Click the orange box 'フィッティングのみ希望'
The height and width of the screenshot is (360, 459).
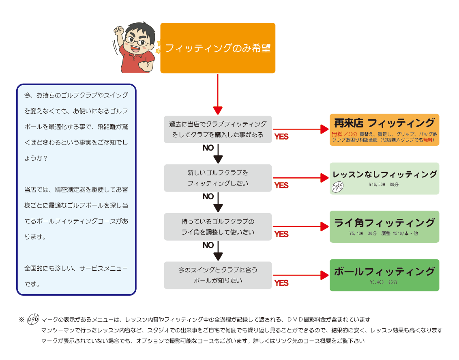pyautogui.click(x=218, y=48)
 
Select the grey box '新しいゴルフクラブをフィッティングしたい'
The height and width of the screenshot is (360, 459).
pyautogui.click(x=218, y=178)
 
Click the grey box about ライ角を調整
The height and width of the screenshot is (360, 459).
pyautogui.click(x=218, y=227)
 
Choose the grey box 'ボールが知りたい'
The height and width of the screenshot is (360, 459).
pyautogui.click(x=218, y=275)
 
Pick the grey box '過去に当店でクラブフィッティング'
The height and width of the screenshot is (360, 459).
pyautogui.click(x=218, y=129)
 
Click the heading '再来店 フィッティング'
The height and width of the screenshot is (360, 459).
pyautogui.click(x=384, y=123)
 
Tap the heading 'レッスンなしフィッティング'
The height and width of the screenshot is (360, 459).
pyautogui.click(x=384, y=175)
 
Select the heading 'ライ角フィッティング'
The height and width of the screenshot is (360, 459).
pyautogui.click(x=384, y=223)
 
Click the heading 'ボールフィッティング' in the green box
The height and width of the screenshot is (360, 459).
pyautogui.click(x=384, y=272)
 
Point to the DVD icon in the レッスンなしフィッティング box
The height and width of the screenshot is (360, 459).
pyautogui.click(x=337, y=187)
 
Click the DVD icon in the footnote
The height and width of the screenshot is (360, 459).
pyautogui.click(x=33, y=319)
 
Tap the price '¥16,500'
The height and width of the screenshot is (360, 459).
pyautogui.click(x=377, y=185)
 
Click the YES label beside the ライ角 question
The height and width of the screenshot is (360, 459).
pyautogui.click(x=281, y=234)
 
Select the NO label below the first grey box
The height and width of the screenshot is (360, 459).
pyautogui.click(x=208, y=148)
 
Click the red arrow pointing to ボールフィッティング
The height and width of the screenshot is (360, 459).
pyautogui.click(x=300, y=275)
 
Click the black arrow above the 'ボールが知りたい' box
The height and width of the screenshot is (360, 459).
pyautogui.click(x=218, y=250)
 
